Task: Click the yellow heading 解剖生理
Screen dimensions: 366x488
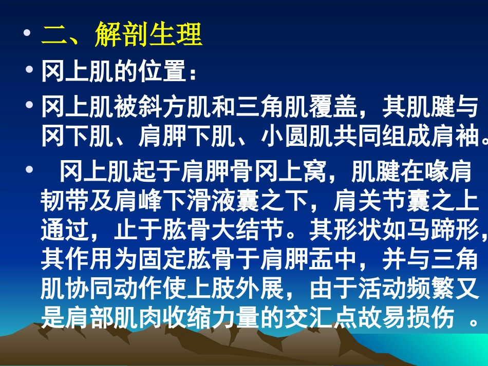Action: (x=148, y=35)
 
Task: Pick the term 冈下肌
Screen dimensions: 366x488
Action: (x=76, y=137)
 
